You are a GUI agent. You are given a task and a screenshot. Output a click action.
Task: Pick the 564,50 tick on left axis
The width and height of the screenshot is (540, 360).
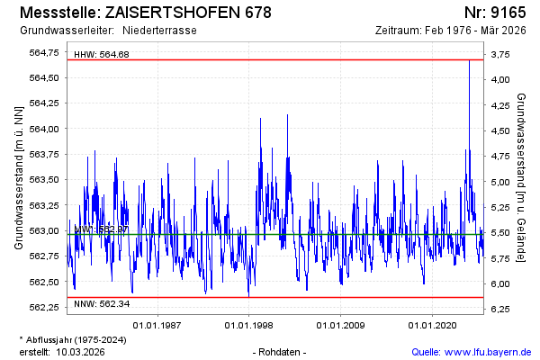tap(45, 77)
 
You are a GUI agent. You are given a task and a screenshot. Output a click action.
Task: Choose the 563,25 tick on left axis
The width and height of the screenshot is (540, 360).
tap(45, 205)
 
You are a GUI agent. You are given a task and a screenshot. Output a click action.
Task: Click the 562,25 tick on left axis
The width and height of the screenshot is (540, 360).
tap(45, 308)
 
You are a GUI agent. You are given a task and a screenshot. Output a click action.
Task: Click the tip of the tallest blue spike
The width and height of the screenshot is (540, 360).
tap(469, 59)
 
